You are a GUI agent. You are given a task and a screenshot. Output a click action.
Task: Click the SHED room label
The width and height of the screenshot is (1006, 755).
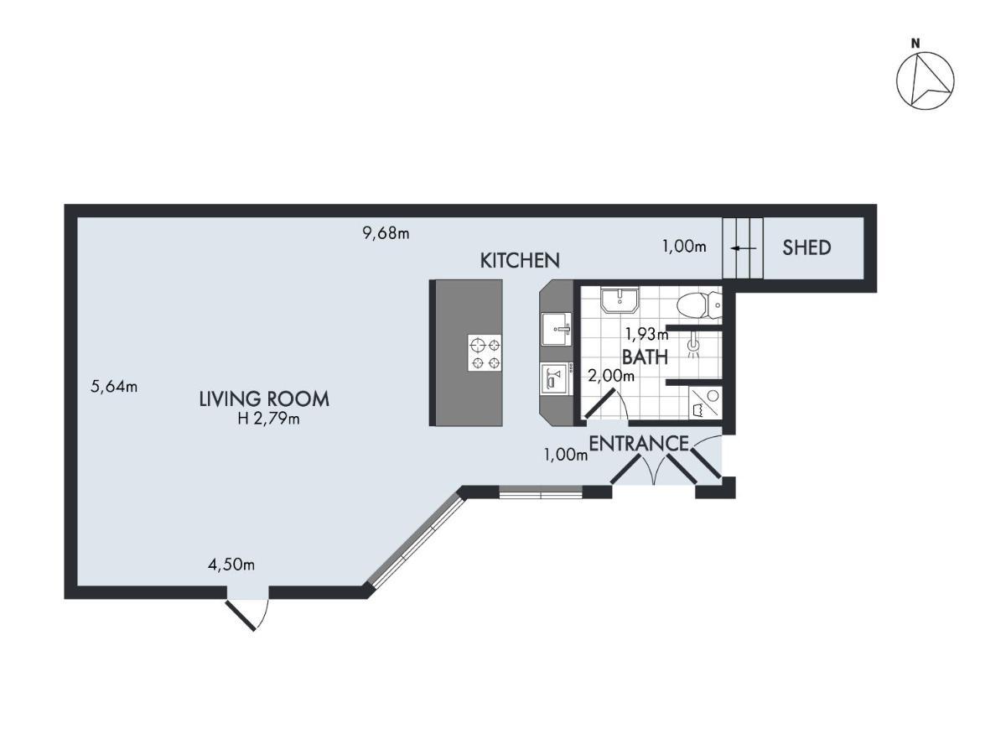(x=806, y=247)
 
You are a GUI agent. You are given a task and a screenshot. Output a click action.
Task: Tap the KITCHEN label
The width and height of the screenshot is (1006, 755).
(x=520, y=261)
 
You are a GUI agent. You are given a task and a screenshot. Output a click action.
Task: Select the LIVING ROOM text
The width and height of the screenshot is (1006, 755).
(x=264, y=399)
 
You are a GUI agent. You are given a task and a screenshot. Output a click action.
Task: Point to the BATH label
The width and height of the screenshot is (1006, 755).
(x=645, y=357)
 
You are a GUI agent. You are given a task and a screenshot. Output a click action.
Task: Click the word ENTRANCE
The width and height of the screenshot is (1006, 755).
(x=639, y=443)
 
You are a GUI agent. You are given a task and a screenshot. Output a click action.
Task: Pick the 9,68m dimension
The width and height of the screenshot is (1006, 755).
(x=386, y=234)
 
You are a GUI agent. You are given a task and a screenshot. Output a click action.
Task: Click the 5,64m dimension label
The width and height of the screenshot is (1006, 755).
(x=114, y=387)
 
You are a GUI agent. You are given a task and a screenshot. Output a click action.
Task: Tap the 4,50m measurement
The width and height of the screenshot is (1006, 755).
(x=231, y=565)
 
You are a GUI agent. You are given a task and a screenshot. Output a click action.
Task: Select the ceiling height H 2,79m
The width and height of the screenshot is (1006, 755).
(x=268, y=419)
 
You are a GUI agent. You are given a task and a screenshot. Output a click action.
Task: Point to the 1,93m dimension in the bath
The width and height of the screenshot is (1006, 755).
(x=647, y=335)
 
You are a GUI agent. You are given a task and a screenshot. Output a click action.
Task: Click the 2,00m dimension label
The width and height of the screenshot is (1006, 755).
(x=611, y=377)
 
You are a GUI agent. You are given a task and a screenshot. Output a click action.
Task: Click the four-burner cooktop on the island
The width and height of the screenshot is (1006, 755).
(x=485, y=353)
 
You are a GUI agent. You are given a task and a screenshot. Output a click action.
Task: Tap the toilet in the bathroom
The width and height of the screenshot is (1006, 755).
(x=699, y=305)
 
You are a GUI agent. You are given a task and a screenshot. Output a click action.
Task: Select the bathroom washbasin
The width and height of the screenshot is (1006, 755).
(x=620, y=301)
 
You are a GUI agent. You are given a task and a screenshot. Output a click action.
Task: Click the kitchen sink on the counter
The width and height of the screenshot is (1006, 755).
(x=557, y=329)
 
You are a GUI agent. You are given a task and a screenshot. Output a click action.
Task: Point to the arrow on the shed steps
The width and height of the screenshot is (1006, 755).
(x=743, y=248)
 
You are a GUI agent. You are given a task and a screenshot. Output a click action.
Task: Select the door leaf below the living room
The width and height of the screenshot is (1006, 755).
(x=240, y=616)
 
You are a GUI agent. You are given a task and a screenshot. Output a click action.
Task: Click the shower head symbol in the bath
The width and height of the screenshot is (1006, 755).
(x=694, y=345)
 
